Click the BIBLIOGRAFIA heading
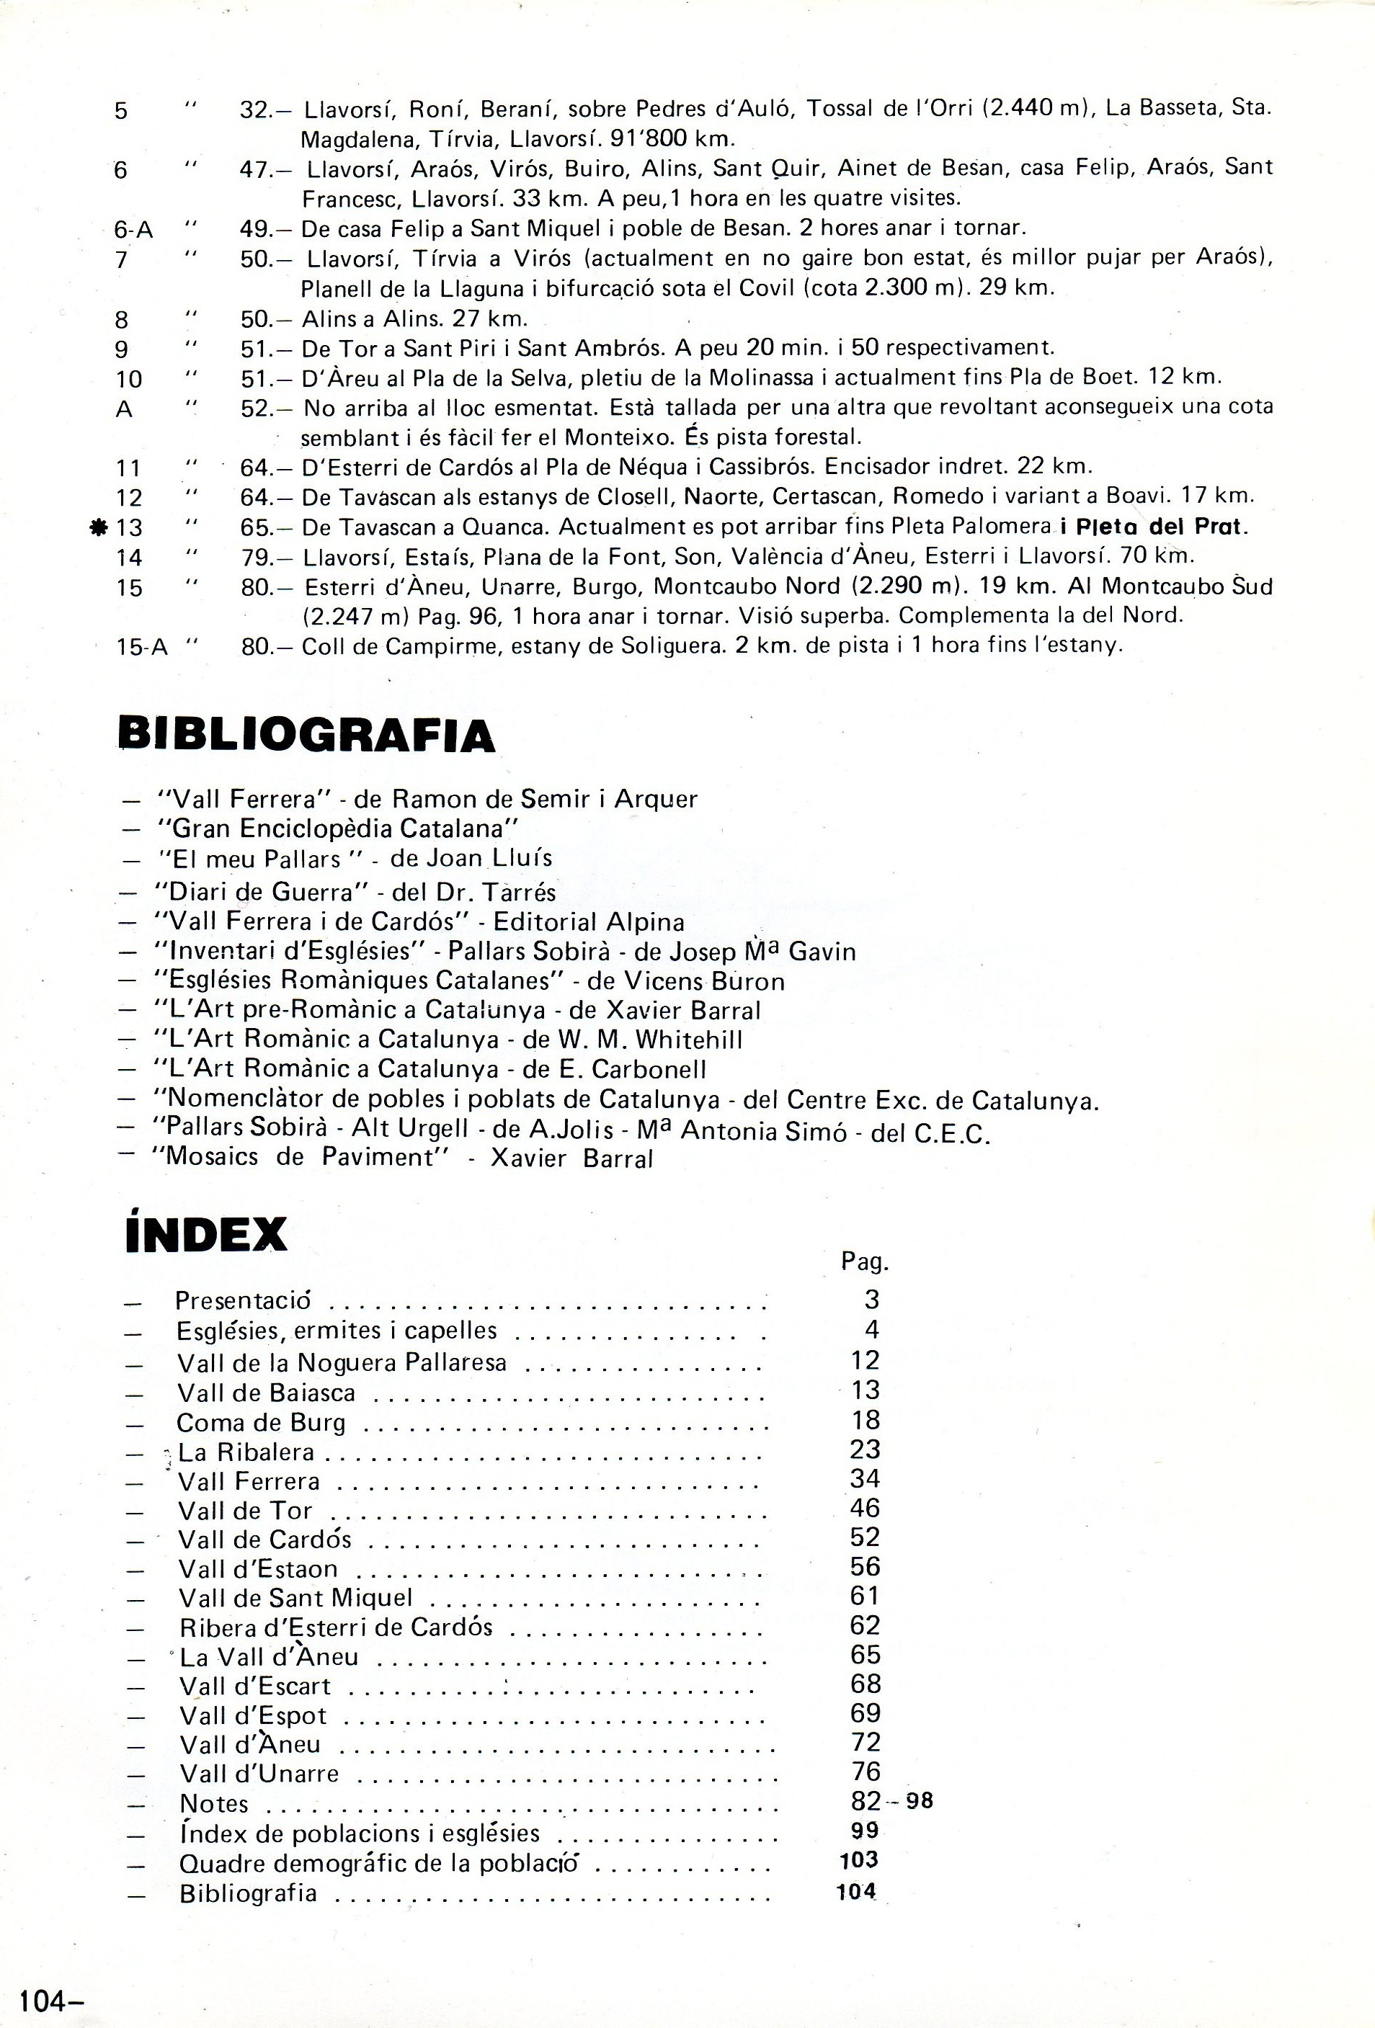[x=306, y=735]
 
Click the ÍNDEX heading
[x=206, y=1234]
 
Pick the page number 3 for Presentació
[x=871, y=1300]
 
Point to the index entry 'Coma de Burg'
[x=261, y=1424]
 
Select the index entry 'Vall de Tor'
[x=245, y=1511]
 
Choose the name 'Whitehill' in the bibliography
[x=689, y=1040]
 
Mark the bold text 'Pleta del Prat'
[x=1161, y=527]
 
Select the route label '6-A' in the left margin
[x=133, y=230]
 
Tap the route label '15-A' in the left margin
[x=141, y=647]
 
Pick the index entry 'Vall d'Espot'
[x=253, y=1715]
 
